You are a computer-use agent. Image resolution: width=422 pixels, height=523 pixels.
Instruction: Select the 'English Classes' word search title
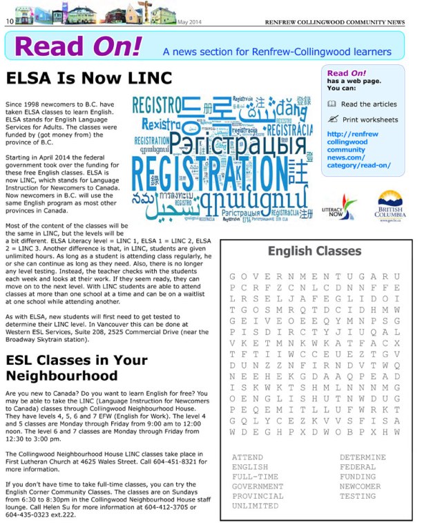point(314,251)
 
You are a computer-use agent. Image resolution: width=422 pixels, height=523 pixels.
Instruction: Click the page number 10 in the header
point(10,21)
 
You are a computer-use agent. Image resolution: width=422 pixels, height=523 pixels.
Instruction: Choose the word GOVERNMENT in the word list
point(258,486)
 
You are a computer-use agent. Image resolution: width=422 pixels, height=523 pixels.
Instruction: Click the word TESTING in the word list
point(358,496)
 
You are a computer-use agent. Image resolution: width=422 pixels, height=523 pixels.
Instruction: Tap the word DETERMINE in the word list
point(363,457)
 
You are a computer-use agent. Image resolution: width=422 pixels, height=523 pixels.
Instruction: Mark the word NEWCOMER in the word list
point(360,486)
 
